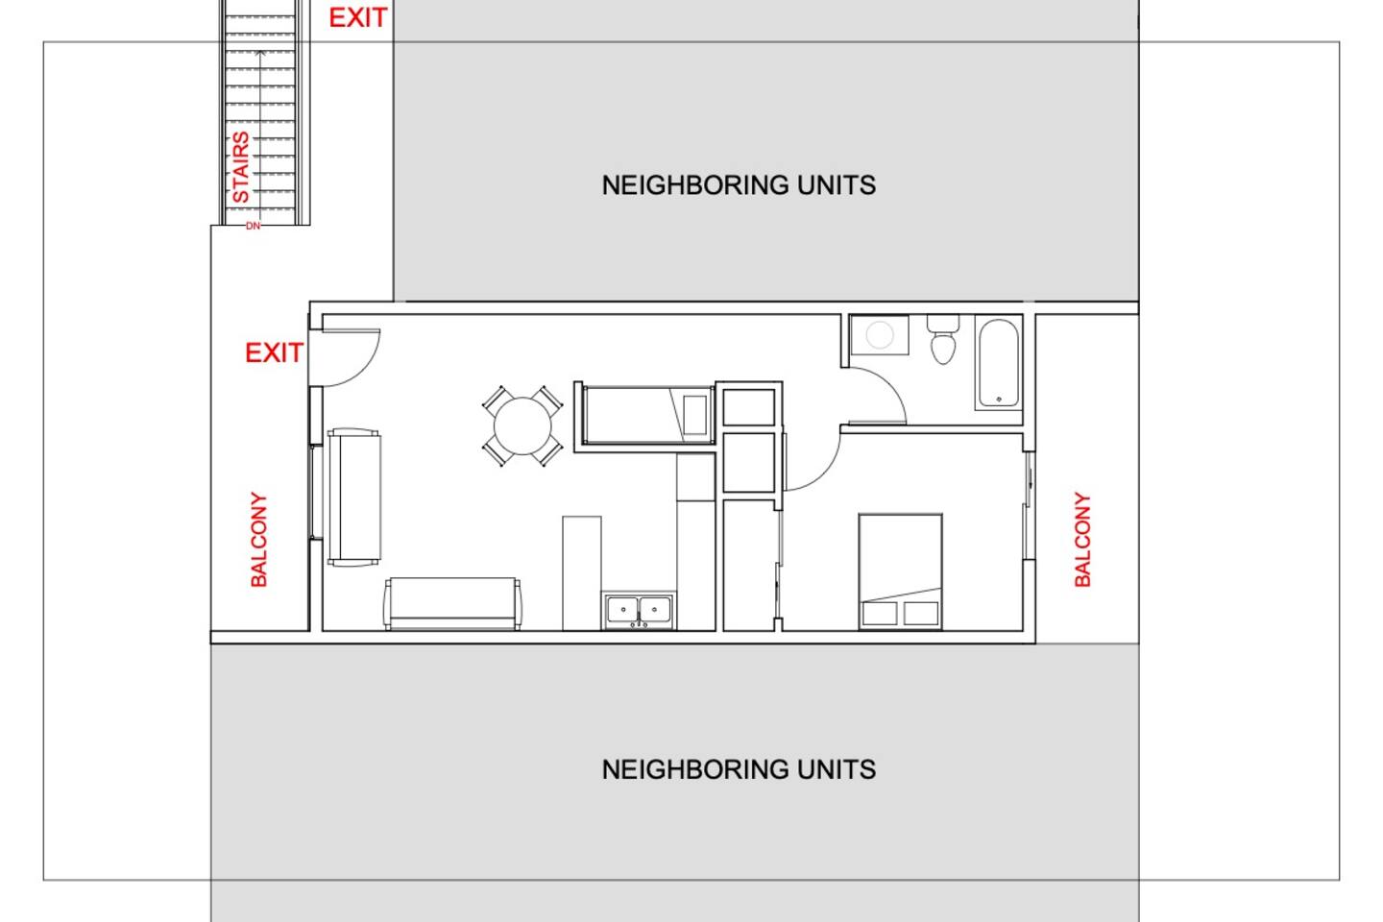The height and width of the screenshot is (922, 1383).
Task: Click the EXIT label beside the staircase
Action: click(358, 18)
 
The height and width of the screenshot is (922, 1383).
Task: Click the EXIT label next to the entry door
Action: click(274, 353)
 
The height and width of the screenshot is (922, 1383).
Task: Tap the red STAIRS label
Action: click(241, 167)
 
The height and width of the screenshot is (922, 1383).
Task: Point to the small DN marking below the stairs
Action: click(254, 226)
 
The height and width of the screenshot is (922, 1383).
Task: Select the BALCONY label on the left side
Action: click(258, 539)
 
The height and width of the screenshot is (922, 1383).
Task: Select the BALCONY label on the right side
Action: click(1082, 539)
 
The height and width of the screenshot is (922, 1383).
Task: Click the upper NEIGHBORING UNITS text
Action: click(739, 185)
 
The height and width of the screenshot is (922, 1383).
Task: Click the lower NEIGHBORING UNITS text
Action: click(739, 769)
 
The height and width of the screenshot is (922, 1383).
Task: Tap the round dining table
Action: click(522, 426)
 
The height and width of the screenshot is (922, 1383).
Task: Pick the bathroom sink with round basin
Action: click(879, 335)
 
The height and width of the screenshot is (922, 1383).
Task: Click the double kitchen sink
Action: click(639, 611)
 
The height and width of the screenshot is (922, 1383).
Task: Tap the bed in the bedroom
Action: click(900, 571)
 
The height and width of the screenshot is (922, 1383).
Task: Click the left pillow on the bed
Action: click(880, 614)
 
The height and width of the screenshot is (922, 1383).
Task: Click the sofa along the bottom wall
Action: click(452, 603)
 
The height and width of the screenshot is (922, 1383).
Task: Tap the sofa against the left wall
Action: click(353, 497)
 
